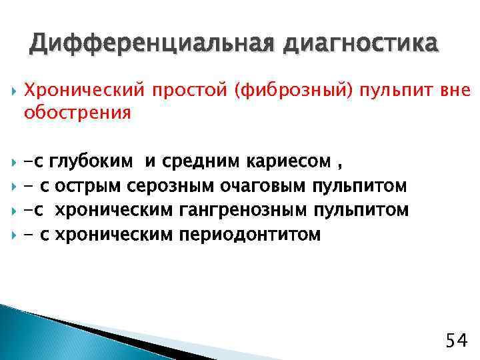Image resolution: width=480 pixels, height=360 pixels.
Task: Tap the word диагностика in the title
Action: click(x=362, y=44)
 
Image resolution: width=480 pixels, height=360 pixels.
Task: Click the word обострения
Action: click(x=77, y=113)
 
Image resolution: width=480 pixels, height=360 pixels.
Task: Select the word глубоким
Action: click(x=91, y=161)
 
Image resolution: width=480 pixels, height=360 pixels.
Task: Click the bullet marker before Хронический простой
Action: click(x=11, y=90)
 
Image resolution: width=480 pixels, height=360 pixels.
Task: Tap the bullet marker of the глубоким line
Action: click(x=11, y=161)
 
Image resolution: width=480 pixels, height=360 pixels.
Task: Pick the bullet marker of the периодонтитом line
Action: click(x=11, y=234)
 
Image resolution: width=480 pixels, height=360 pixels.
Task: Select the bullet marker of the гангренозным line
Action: click(x=11, y=210)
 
